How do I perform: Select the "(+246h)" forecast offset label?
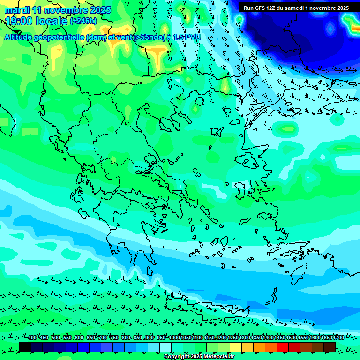pyautogui.click(x=83, y=21)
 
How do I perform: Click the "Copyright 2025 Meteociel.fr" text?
pyautogui.click(x=199, y=357)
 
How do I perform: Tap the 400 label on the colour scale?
pyautogui.click(x=32, y=337)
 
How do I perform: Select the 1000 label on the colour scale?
pyautogui.click(x=174, y=337)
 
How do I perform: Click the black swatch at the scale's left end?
pyautogui.click(x=25, y=347)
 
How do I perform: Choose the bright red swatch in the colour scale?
pyautogui.click(x=282, y=347)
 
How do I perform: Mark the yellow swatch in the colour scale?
pyautogui.click(x=235, y=347)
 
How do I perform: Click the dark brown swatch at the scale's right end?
pyautogui.click(x=330, y=347)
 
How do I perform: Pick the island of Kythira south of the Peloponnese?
pyautogui.click(x=150, y=271)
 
